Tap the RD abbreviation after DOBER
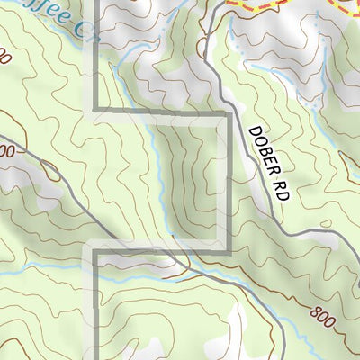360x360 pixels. [280, 188]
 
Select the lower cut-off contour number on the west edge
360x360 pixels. [7, 152]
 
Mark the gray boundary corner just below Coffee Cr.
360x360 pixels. [95, 111]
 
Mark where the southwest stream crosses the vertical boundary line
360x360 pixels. [95, 273]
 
